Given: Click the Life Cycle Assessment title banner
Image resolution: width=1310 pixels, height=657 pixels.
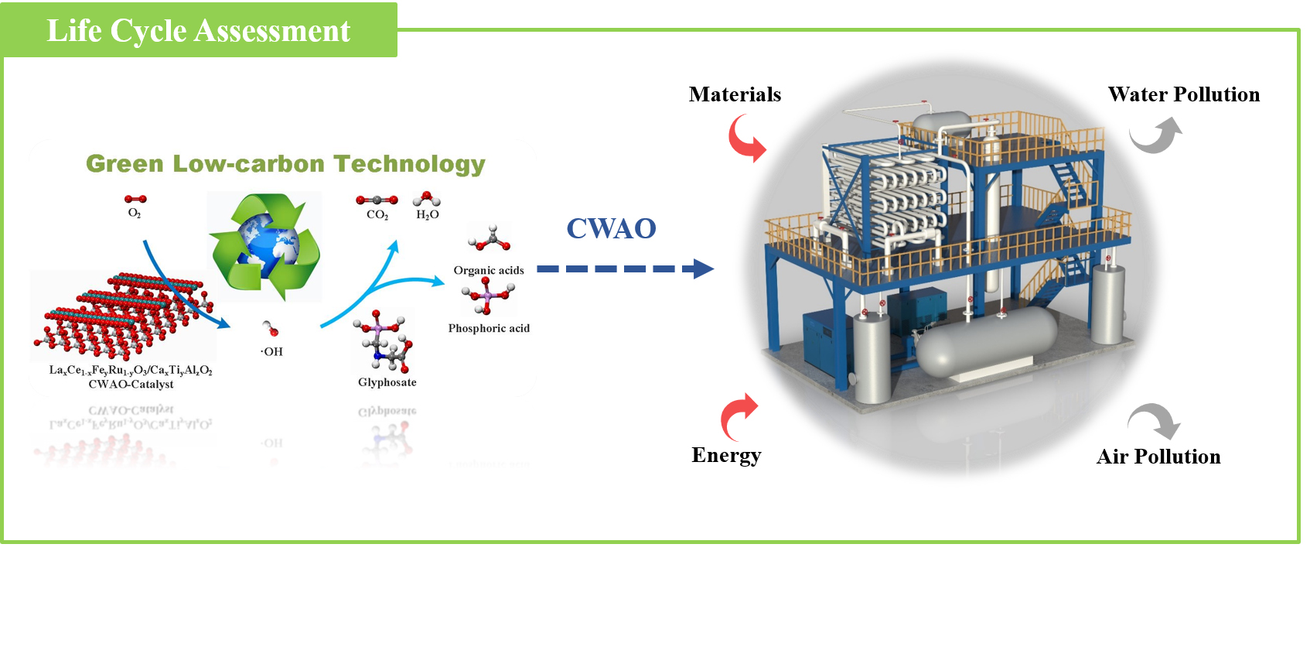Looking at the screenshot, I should (x=199, y=31).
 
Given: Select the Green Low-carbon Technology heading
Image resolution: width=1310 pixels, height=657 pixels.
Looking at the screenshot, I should (x=285, y=164).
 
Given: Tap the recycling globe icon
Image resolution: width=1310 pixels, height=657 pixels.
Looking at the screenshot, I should (x=264, y=246).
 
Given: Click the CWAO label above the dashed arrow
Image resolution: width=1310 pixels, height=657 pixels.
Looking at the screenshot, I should (x=611, y=228).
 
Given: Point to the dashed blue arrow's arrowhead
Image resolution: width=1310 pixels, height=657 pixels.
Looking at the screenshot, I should (x=703, y=269).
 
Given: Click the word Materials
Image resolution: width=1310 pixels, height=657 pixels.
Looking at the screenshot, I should (x=735, y=94).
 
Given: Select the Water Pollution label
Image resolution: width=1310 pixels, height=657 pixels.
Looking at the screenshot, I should (x=1183, y=94).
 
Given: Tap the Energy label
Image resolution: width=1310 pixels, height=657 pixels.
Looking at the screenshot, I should (x=726, y=455).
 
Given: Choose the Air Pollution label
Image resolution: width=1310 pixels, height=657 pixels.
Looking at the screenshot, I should (x=1158, y=457).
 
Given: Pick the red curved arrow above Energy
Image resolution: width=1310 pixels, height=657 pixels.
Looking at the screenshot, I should (x=739, y=416).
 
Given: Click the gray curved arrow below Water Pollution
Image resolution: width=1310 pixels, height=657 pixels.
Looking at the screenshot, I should (x=1156, y=135).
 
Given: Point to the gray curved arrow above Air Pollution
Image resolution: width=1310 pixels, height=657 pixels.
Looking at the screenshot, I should (x=1155, y=420).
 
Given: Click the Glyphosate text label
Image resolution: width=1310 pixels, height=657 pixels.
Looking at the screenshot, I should (x=387, y=382).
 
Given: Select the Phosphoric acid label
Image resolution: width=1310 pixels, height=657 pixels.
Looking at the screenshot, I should (x=489, y=328).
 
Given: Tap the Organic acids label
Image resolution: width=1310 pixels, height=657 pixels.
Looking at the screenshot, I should (x=489, y=270).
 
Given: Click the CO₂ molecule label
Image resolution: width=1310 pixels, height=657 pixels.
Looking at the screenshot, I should (x=377, y=215).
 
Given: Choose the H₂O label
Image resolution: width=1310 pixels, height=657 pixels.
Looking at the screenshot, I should (x=428, y=215).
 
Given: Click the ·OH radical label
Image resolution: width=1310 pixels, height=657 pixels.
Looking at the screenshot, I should (x=271, y=352).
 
